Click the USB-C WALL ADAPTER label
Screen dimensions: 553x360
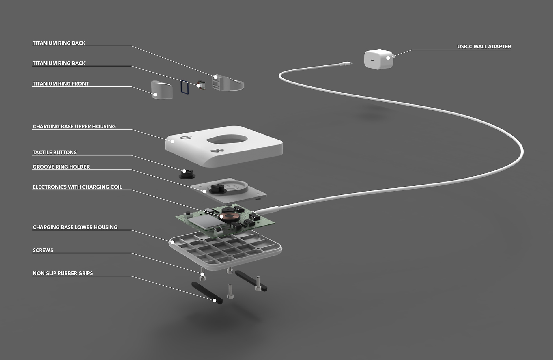[x=484, y=47]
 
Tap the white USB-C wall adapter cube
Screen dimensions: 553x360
[x=379, y=59]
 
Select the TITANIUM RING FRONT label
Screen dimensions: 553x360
[x=60, y=84]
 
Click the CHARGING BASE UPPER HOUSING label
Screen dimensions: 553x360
[x=74, y=127]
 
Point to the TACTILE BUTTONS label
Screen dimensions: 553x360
[x=54, y=153]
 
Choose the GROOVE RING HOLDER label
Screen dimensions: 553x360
[x=61, y=167]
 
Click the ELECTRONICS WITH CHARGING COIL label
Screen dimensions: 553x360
[x=77, y=187]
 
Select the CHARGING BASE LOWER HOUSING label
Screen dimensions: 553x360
[x=75, y=228]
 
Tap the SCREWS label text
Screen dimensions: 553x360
[x=43, y=251]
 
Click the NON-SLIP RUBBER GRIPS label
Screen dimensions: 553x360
[x=63, y=274]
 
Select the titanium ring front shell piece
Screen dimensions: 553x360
[x=162, y=90]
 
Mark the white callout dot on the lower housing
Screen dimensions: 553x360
[x=172, y=242]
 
